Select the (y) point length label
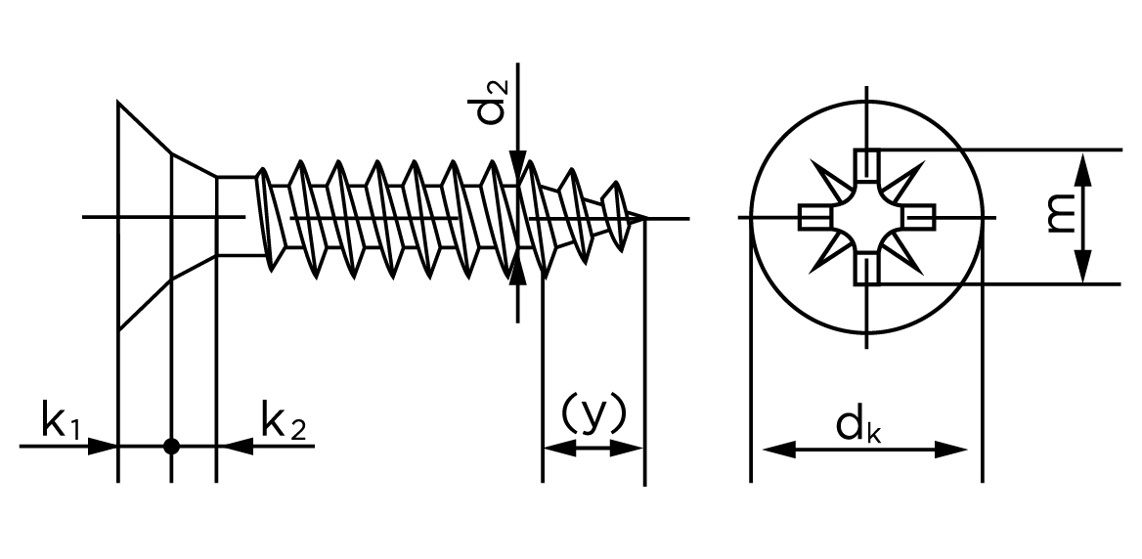(592, 415)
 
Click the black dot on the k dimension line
(171, 446)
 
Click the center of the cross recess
(866, 217)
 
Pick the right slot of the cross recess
(919, 217)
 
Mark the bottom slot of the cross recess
(866, 270)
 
